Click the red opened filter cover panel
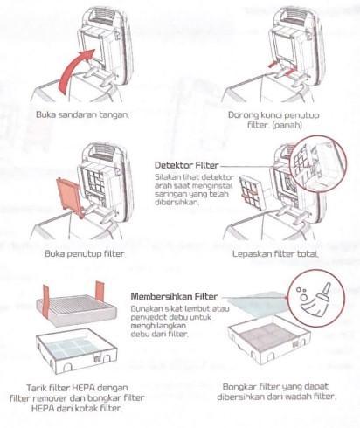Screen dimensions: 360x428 pyautogui.click(x=69, y=195)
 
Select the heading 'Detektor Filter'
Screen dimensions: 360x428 pyautogui.click(x=186, y=165)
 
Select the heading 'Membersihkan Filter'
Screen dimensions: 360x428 pyautogui.click(x=174, y=297)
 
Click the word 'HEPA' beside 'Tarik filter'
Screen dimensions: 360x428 pyautogui.click(x=84, y=388)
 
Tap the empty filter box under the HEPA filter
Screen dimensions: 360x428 pyautogui.click(x=76, y=350)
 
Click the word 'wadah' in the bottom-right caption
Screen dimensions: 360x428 pyautogui.click(x=298, y=397)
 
